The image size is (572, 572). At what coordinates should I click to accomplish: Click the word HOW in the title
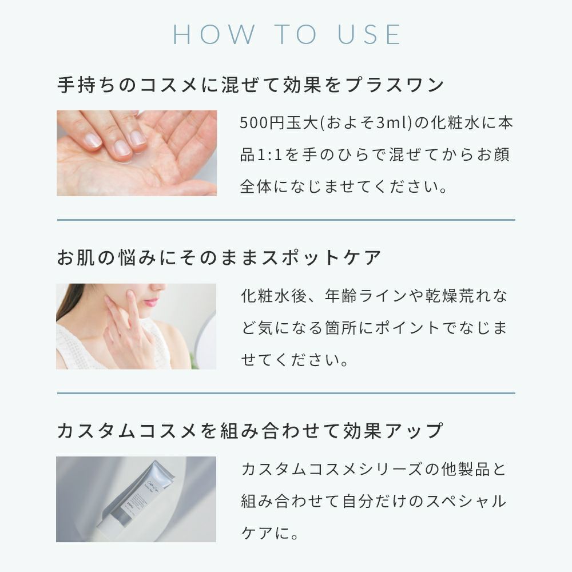pos(214,35)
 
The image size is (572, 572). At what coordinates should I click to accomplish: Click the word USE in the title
pos(369,35)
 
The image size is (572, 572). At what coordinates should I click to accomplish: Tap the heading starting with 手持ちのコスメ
pos(251,85)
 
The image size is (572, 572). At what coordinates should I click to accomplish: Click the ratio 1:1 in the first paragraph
pos(270,155)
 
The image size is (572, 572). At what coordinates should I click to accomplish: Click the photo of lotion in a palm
pos(137,153)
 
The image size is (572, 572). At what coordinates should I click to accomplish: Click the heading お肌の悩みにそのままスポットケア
pos(219,257)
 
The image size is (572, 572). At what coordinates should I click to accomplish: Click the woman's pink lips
pos(151,301)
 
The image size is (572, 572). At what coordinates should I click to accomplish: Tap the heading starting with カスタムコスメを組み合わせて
pos(251,431)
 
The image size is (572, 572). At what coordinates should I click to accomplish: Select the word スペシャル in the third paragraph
pos(466,501)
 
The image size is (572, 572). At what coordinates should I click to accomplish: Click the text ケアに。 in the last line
pos(270,533)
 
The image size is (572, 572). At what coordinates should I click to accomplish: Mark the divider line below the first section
pos(286,220)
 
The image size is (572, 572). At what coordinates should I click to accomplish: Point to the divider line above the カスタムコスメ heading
pos(286,394)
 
